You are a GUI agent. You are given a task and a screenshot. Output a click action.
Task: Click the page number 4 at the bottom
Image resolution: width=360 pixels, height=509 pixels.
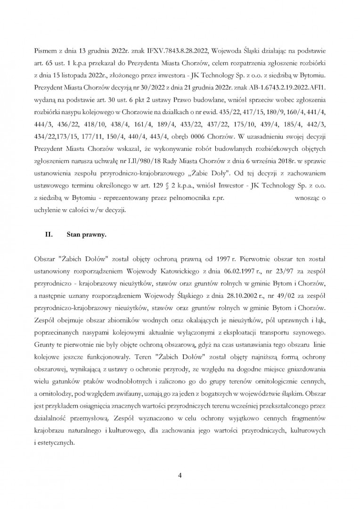[180, 474]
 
